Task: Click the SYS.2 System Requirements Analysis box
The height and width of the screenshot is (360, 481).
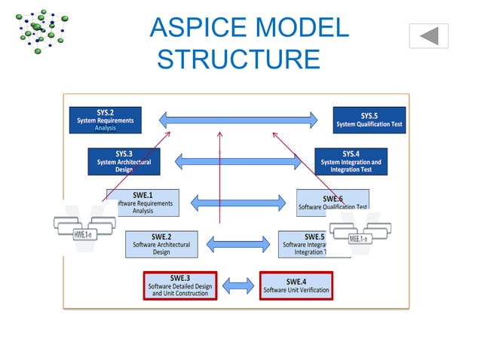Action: pyautogui.click(x=105, y=120)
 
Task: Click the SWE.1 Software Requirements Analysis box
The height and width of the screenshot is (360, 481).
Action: pyautogui.click(x=142, y=203)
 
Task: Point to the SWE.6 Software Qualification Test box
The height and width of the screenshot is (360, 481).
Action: pyautogui.click(x=332, y=202)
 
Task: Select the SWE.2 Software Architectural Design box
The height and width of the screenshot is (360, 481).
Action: pyautogui.click(x=161, y=243)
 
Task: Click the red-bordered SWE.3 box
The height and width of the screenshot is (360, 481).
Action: pyautogui.click(x=180, y=285)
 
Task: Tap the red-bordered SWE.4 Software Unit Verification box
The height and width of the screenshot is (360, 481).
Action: pyautogui.click(x=296, y=285)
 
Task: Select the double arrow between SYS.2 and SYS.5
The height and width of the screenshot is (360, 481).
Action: pyautogui.click(x=238, y=119)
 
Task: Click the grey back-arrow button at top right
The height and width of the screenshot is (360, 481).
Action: pyautogui.click(x=429, y=35)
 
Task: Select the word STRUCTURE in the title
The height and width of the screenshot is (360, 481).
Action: pyautogui.click(x=238, y=58)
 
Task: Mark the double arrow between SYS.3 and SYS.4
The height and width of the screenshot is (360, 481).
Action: pyautogui.click(x=238, y=160)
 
